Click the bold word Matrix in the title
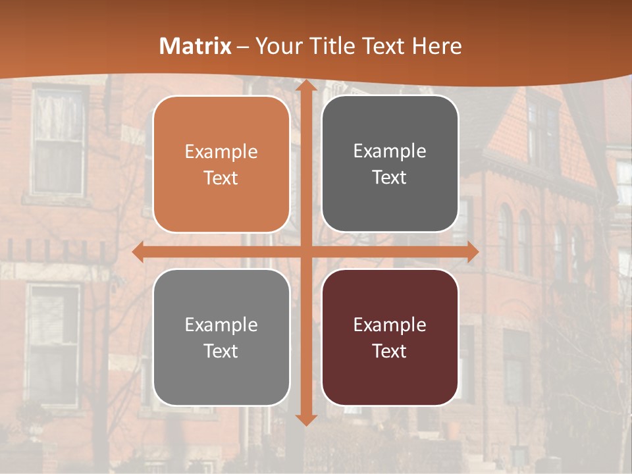[196, 46]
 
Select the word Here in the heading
[436, 46]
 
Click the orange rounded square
[221, 165]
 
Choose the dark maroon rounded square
[390, 337]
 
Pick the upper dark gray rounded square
[390, 164]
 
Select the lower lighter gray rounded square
[221, 337]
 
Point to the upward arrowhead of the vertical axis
[305, 88]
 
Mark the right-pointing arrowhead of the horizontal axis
[472, 251]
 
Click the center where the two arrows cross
[305, 251]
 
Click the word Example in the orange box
[221, 152]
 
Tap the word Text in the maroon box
[390, 351]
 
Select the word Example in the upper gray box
[390, 151]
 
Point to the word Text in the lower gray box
[221, 351]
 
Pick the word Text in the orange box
[221, 178]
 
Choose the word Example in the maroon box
[390, 325]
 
